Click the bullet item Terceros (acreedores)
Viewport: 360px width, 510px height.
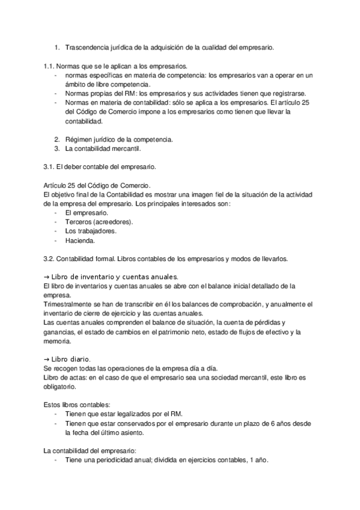click(99, 222)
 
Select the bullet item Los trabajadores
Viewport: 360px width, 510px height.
click(90, 232)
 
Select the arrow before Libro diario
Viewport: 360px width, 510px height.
click(47, 358)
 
